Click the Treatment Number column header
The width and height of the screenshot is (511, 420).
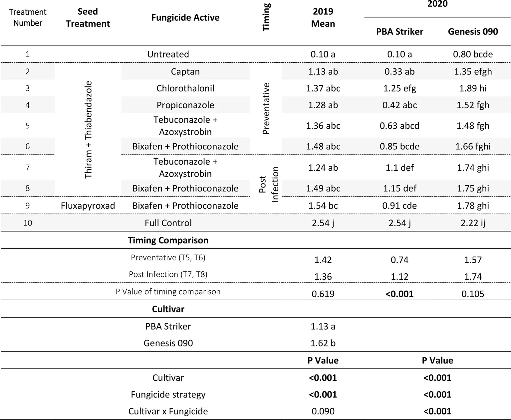[28, 17]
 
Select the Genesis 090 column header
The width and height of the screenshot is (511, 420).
[473, 32]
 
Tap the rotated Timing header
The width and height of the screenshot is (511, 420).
[266, 17]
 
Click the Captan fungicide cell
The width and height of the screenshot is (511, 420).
[185, 71]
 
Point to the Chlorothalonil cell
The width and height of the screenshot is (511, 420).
[185, 88]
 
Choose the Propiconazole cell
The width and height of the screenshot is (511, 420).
[185, 105]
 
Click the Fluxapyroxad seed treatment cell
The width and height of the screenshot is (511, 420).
[88, 206]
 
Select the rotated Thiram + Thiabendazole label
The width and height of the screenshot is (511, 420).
[88, 130]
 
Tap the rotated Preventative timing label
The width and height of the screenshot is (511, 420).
[266, 108]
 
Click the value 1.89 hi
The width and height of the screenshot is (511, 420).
[473, 88]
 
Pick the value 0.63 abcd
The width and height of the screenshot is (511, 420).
[399, 126]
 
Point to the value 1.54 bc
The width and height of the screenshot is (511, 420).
[323, 206]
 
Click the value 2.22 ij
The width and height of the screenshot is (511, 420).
[473, 223]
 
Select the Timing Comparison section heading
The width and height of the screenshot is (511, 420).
[168, 240]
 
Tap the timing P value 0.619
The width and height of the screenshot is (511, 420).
[323, 294]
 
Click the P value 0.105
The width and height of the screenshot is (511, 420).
[473, 294]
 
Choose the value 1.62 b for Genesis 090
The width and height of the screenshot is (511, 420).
[323, 343]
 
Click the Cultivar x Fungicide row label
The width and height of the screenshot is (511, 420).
[168, 411]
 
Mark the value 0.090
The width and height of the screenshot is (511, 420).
[323, 411]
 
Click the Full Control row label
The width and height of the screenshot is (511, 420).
[168, 223]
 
